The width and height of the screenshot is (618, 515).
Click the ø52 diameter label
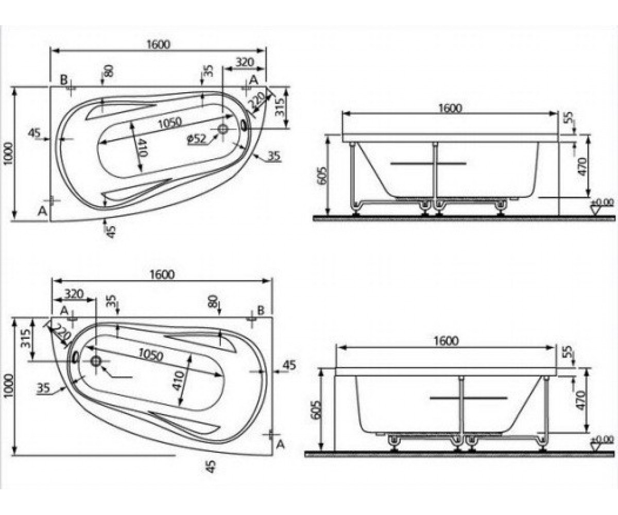click(197, 138)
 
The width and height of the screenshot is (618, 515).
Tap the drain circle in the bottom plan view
click(96, 361)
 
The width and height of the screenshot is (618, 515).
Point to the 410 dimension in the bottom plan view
click(178, 381)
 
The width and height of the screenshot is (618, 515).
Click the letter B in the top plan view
click(64, 79)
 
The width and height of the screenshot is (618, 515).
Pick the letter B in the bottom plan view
click(261, 310)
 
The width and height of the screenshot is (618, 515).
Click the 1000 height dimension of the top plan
click(9, 154)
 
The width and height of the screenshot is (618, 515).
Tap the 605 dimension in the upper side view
click(322, 176)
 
